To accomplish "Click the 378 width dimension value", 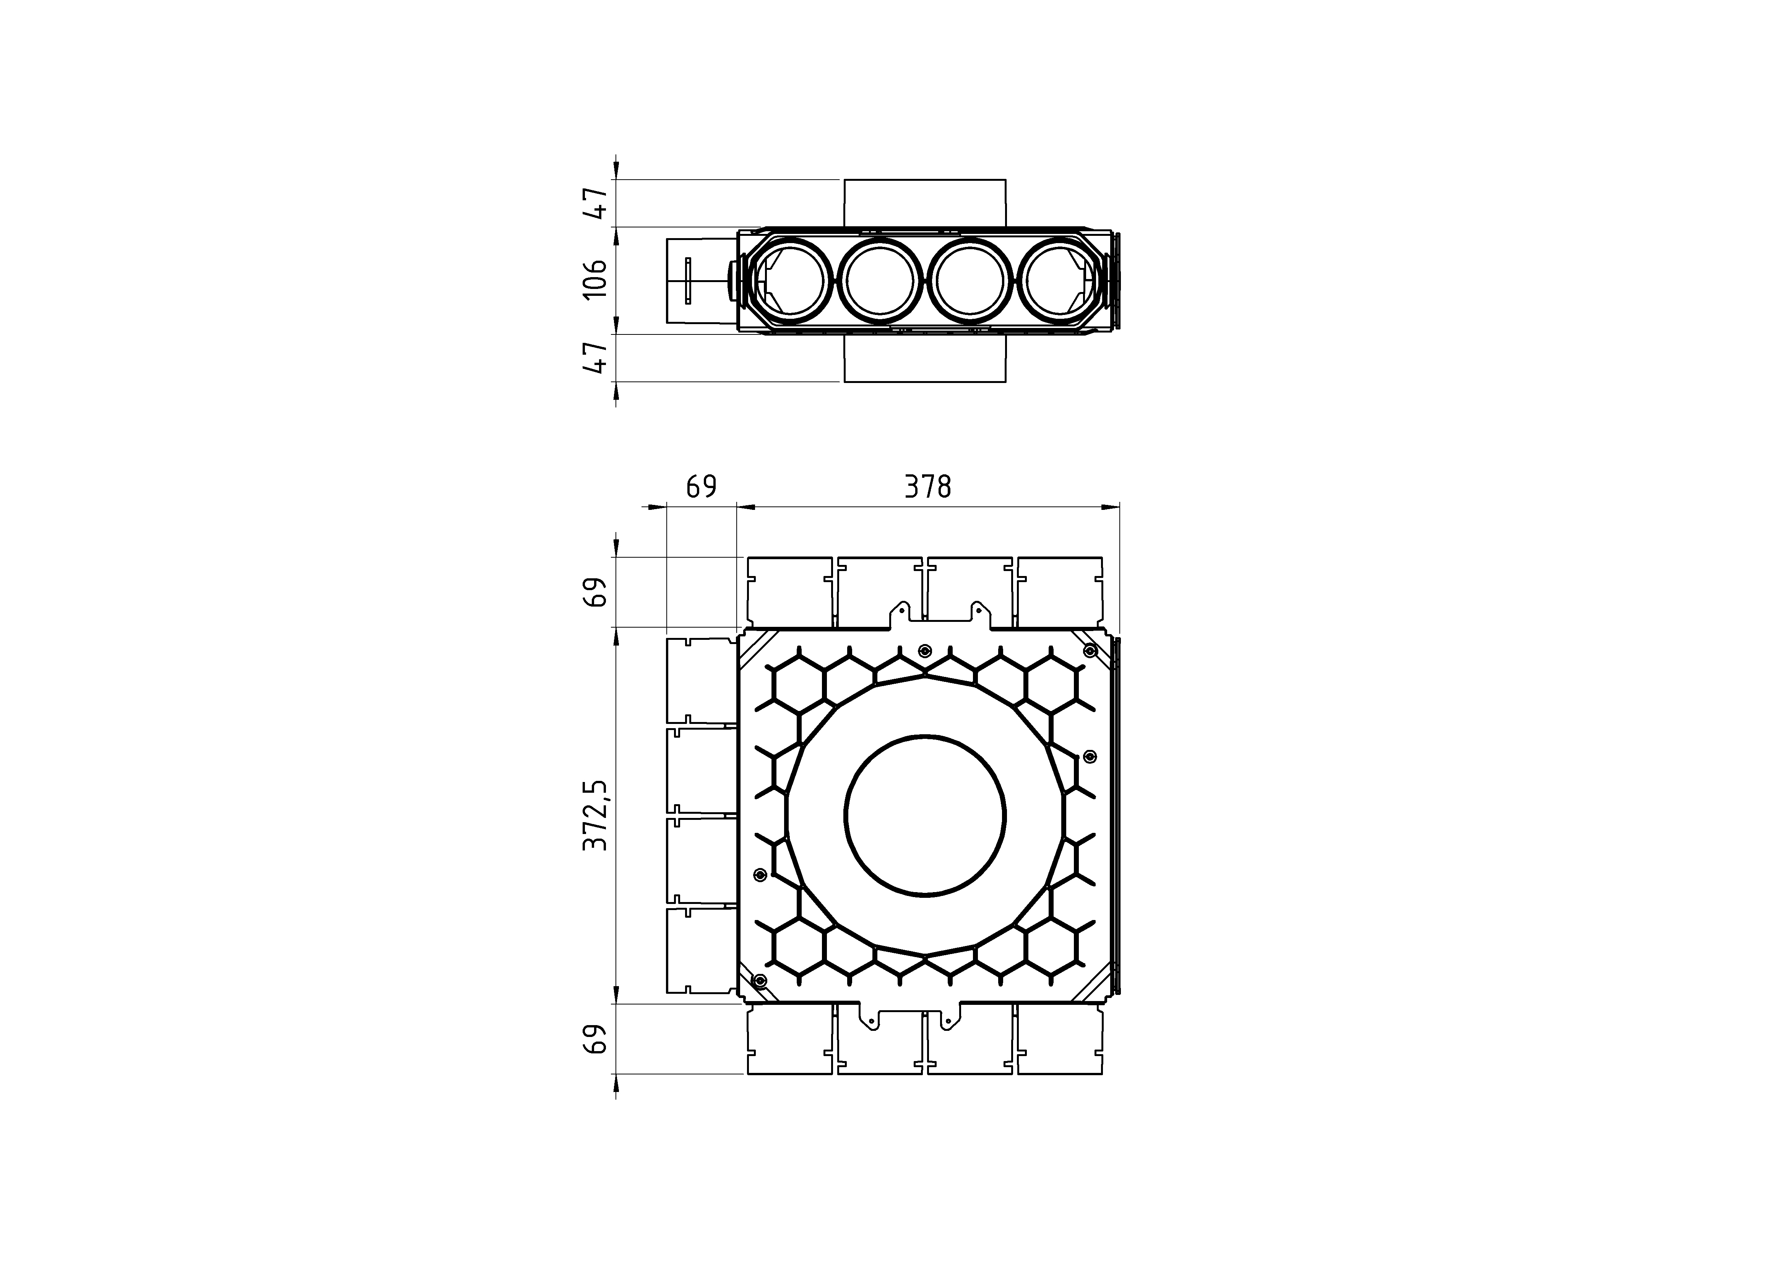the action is click(927, 487).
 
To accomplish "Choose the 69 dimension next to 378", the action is click(701, 487).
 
